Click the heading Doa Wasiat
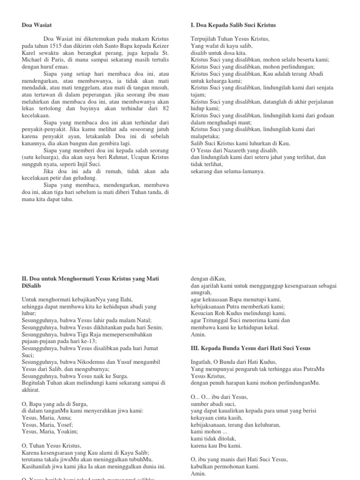tap(37, 25)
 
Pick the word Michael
tap(31, 60)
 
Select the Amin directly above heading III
tap(198, 335)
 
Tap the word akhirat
tap(31, 390)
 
